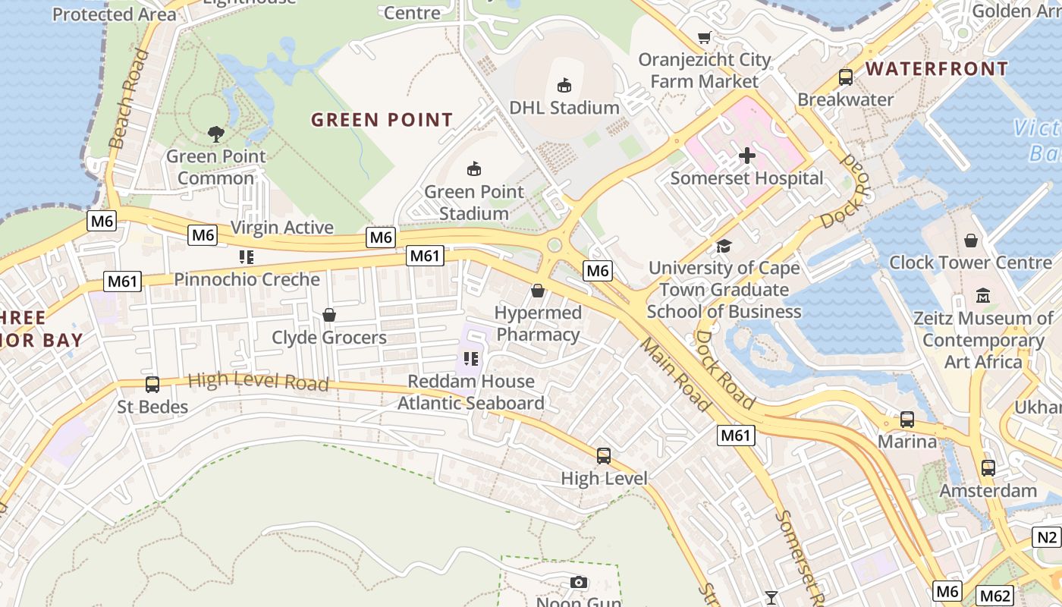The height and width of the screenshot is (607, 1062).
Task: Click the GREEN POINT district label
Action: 382,120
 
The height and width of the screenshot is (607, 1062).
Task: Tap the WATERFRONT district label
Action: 937,69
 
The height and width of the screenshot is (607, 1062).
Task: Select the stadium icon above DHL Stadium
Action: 564,85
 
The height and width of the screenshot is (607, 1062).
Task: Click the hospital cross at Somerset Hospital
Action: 747,156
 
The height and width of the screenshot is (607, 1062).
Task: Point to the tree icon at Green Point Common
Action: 216,134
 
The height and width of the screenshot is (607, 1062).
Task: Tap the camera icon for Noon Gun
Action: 579,582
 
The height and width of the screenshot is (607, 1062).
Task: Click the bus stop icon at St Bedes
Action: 152,385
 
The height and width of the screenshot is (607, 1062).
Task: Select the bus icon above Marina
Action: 907,420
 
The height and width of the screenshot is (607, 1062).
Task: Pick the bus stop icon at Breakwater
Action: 846,77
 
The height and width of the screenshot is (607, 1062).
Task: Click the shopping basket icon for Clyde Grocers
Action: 329,315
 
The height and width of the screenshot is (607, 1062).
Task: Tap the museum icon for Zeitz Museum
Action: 984,295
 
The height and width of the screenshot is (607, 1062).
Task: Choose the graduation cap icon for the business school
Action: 724,246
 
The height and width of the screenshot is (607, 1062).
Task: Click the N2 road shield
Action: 1046,538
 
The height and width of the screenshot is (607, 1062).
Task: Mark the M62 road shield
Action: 993,596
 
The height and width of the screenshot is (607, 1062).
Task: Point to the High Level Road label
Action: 258,381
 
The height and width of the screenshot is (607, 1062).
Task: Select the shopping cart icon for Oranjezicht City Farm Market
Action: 705,37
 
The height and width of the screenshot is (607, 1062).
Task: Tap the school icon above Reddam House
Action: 471,358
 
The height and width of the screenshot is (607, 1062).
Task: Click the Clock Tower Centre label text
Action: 970,263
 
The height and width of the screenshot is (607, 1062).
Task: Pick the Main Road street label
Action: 675,375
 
